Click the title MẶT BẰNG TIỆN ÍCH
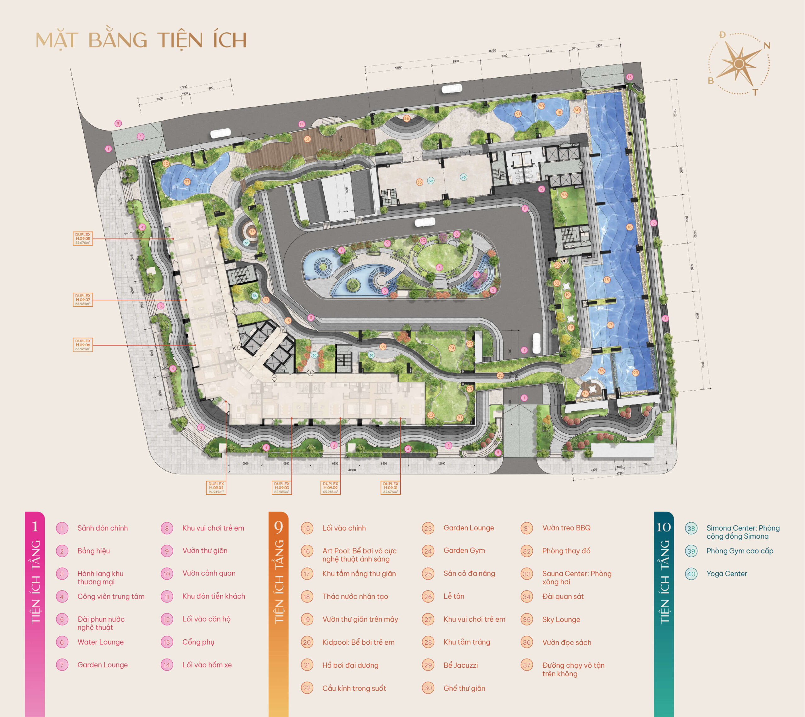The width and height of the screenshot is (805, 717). click(141, 41)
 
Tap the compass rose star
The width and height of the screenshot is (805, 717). click(739, 64)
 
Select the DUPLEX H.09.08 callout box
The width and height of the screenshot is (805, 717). click(83, 238)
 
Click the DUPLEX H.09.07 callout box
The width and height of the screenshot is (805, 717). click(83, 299)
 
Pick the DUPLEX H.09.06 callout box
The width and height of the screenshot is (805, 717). click(83, 345)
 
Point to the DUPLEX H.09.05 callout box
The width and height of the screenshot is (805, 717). click(216, 487)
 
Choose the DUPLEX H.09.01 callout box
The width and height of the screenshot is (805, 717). click(390, 487)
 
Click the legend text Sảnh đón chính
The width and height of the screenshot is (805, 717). click(103, 528)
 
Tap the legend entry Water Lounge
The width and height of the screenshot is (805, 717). click(100, 642)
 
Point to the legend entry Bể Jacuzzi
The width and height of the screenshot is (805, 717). click(460, 665)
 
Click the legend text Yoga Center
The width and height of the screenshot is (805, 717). click(727, 574)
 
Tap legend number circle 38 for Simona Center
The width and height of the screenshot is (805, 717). click(691, 528)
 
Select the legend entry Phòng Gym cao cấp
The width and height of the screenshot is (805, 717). click(740, 551)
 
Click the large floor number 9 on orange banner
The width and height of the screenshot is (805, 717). click(278, 527)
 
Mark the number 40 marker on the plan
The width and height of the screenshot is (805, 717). click(463, 177)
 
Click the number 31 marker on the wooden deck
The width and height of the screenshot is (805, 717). click(307, 139)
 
